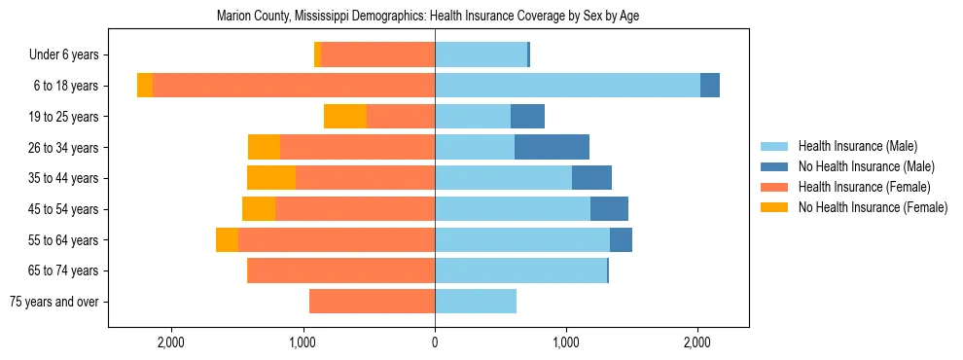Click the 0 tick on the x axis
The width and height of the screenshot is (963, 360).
[x=435, y=342]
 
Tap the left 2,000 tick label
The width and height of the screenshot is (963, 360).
[x=171, y=342]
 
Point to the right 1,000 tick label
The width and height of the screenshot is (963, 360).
[x=566, y=342]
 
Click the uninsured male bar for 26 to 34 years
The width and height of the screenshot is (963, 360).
[x=552, y=148]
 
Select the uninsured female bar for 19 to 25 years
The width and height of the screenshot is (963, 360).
[x=345, y=117]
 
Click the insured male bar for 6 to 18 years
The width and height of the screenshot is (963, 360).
[x=567, y=86]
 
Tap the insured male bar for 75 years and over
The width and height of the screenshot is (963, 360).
[x=476, y=302]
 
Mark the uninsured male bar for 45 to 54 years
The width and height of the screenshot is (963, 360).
[x=609, y=209]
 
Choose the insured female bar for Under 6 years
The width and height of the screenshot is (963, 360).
[x=377, y=55]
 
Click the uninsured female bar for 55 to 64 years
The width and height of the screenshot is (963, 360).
[x=227, y=240]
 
